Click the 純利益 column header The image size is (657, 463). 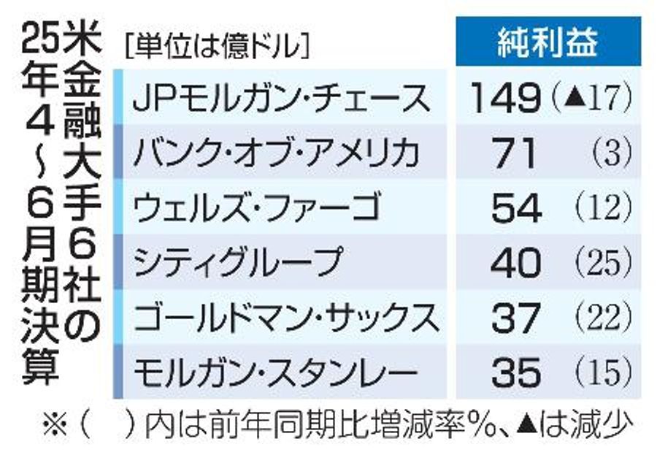[x=548, y=44]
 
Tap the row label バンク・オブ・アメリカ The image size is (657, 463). [x=277, y=153]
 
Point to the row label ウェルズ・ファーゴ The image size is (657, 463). [x=255, y=208]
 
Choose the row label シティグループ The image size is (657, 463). [x=238, y=263]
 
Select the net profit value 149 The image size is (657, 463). [x=504, y=98]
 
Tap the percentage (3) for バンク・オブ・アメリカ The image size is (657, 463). [x=612, y=153]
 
